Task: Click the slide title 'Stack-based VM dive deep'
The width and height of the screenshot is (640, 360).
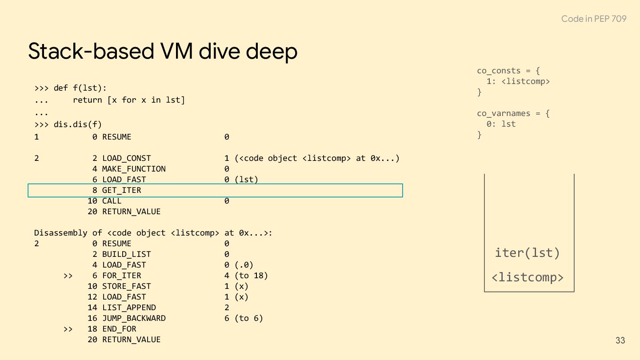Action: point(163,51)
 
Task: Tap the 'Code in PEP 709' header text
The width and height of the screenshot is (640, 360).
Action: point(593,19)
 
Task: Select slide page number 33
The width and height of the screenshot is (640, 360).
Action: point(620,340)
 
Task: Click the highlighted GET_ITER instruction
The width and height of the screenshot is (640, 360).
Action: point(121,190)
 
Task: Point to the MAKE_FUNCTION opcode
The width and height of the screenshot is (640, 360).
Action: point(134,169)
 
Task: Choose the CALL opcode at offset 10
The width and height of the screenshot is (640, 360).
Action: point(112,201)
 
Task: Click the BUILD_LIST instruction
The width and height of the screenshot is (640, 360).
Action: point(127,254)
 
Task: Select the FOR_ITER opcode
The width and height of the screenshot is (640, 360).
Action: point(121,276)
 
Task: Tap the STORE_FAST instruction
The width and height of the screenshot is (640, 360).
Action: point(127,286)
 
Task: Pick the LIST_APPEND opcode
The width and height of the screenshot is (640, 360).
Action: point(129,308)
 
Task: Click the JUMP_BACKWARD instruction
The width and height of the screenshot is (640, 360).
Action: point(134,318)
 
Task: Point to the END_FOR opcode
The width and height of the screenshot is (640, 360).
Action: point(119,329)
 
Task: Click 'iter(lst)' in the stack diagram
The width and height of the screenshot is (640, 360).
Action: point(528,253)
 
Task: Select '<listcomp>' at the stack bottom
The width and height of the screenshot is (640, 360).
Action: point(528,277)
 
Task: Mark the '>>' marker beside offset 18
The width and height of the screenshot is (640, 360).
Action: point(68,329)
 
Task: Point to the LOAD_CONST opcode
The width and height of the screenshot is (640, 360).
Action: point(127,158)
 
